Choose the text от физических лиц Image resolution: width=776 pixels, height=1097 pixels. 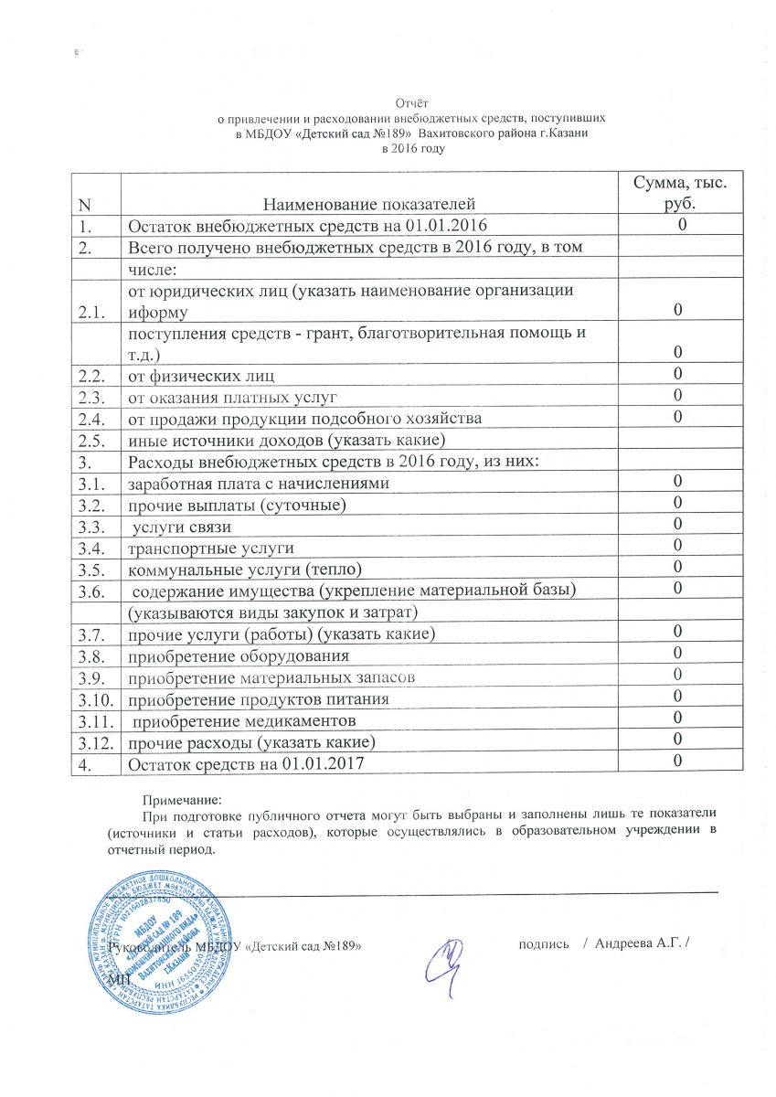tap(201, 376)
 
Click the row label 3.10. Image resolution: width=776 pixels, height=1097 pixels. tap(93, 698)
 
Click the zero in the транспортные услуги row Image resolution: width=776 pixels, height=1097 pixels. tap(678, 546)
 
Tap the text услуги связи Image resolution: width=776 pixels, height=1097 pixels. tap(181, 527)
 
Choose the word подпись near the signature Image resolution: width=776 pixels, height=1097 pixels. tap(545, 943)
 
